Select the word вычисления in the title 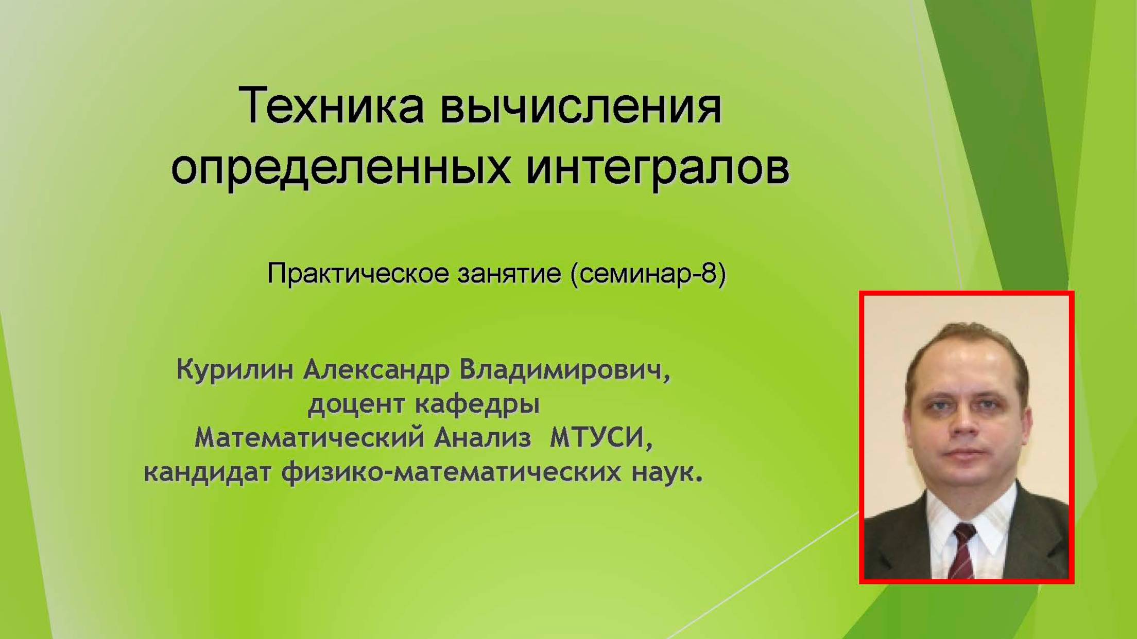coord(581,107)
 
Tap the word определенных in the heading coord(341,168)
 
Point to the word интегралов coord(658,167)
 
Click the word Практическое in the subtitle coord(358,274)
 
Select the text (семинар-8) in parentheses coord(648,273)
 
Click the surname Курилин coord(235,369)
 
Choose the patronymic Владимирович coord(564,369)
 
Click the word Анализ coord(482,438)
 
